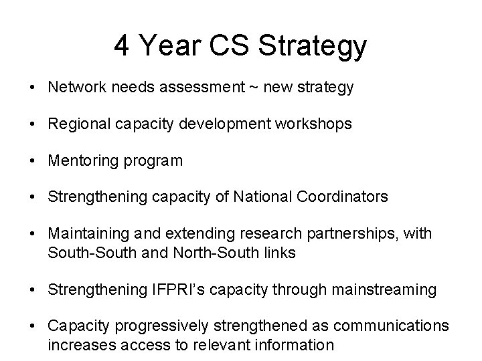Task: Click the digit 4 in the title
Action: coord(122,45)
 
